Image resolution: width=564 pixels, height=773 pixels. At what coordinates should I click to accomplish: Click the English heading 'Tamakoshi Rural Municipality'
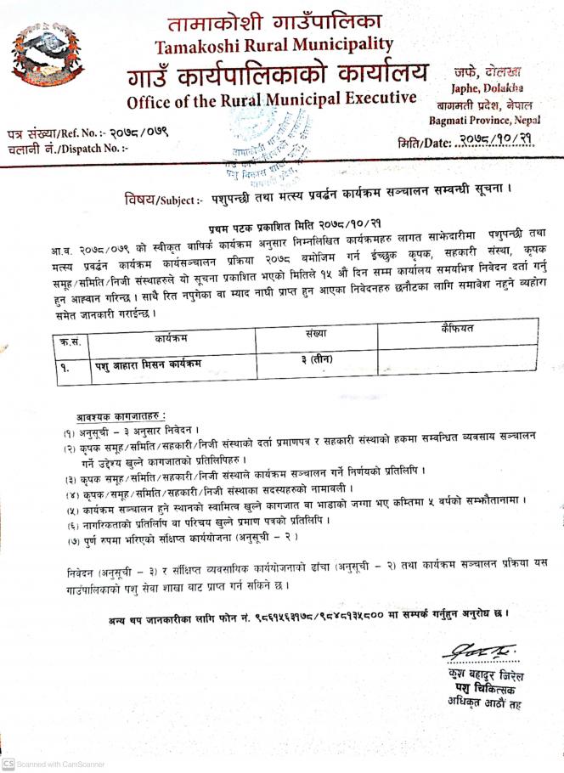[274, 44]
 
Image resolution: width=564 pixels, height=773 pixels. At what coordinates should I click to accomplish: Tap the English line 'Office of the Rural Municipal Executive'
[272, 100]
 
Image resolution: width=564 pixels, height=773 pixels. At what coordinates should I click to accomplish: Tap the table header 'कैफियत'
[457, 327]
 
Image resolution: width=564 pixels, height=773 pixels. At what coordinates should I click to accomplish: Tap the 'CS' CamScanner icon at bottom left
[8, 764]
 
